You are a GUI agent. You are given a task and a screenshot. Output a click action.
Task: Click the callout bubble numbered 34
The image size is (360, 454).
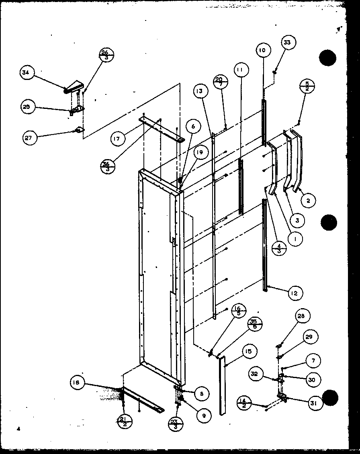[27, 73]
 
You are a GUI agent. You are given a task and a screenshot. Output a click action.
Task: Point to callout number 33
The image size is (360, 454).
[289, 42]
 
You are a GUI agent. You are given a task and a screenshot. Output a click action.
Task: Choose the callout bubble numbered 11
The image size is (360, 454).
[240, 70]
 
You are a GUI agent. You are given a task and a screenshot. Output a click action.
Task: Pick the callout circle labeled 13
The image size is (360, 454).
[201, 91]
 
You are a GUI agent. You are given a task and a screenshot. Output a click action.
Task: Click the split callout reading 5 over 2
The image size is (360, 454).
[307, 86]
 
